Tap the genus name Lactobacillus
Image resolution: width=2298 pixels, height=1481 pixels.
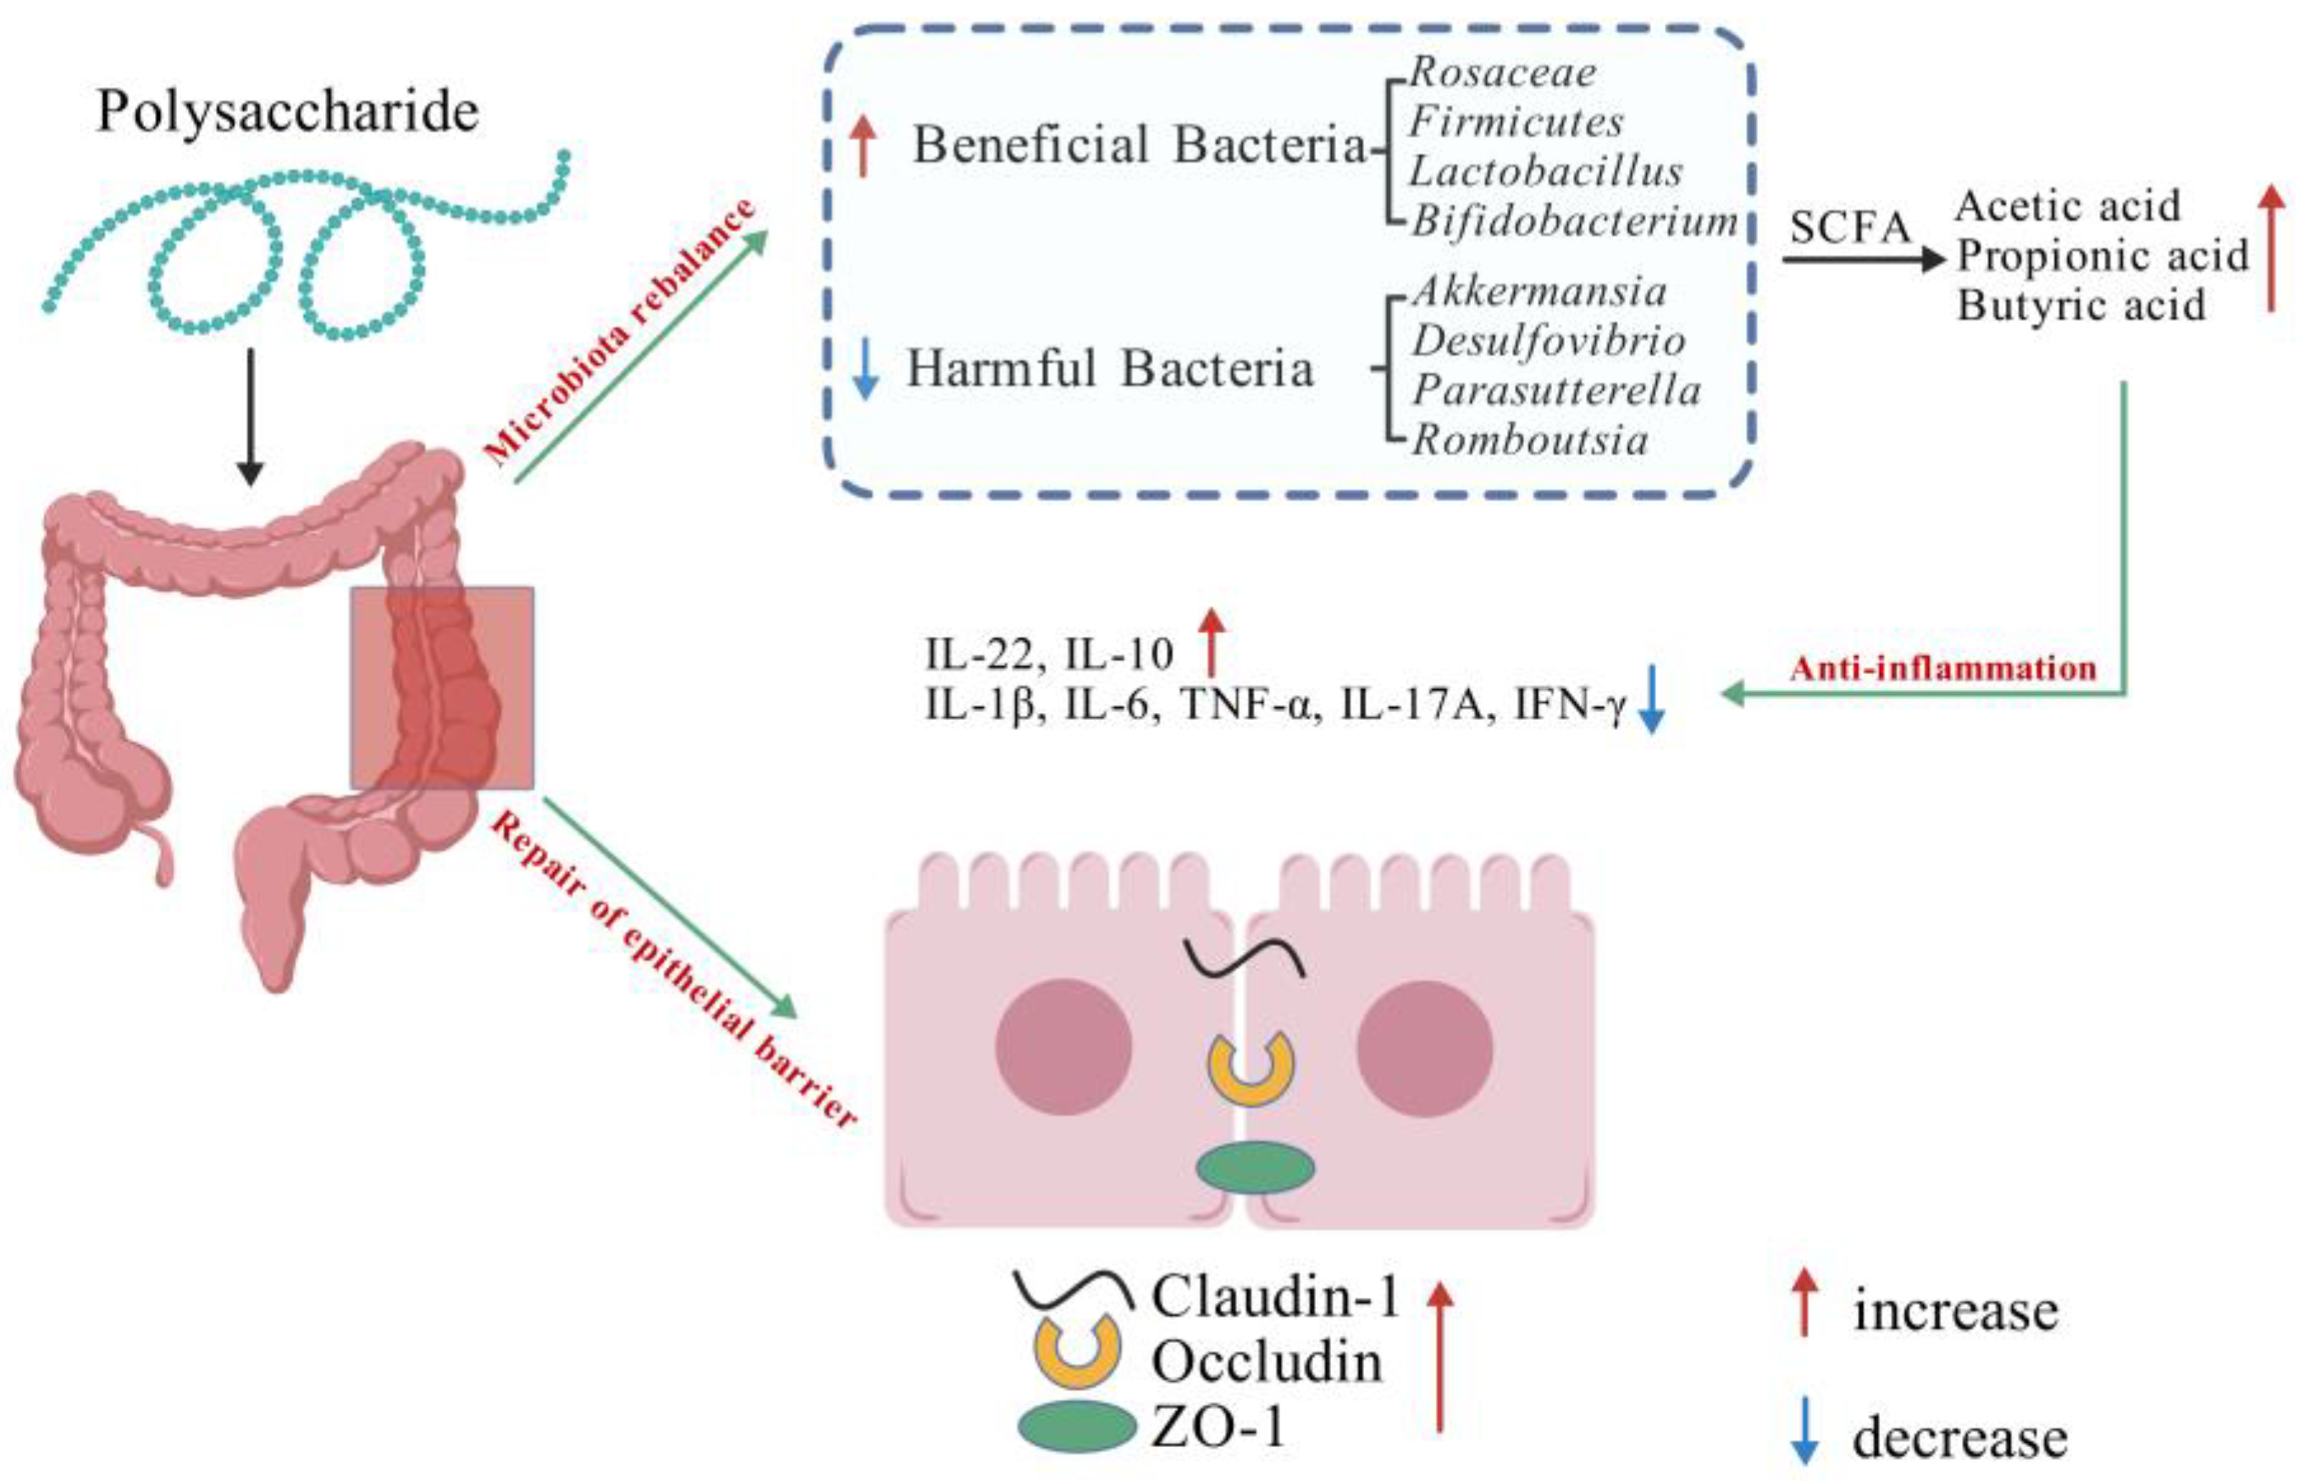(x=1546, y=171)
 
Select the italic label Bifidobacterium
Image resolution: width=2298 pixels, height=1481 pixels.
(x=1575, y=221)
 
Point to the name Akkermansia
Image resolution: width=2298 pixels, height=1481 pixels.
(x=1539, y=291)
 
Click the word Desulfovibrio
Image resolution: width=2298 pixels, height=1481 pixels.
(x=1549, y=340)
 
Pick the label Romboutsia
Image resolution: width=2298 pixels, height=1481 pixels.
(x=1530, y=440)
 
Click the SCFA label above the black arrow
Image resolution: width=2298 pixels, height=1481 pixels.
(x=1850, y=229)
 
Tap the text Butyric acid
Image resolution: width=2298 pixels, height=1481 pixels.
(x=2081, y=306)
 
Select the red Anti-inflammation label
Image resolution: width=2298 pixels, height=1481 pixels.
(x=1943, y=667)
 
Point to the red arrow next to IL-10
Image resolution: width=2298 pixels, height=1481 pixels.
(x=1212, y=643)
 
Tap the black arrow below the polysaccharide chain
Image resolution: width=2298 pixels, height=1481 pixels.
(x=250, y=417)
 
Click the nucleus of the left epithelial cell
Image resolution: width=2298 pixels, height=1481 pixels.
(x=1063, y=1047)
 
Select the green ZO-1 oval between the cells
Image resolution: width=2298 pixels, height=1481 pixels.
(x=1255, y=1168)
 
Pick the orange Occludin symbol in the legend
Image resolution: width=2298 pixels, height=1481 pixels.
(x=1077, y=1349)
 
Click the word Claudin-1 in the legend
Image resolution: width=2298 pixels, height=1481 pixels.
(x=1276, y=1296)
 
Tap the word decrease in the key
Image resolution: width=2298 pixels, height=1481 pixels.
(x=1959, y=1439)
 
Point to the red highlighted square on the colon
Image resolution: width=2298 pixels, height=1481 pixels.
(x=441, y=688)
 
